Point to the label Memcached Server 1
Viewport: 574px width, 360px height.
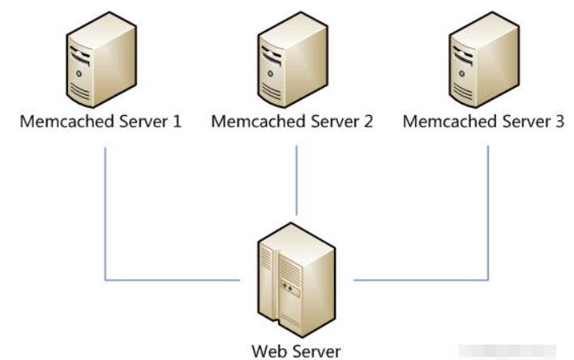pyautogui.click(x=101, y=122)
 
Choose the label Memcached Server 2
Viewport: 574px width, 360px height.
pyautogui.click(x=292, y=122)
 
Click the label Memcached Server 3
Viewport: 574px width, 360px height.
pyautogui.click(x=484, y=122)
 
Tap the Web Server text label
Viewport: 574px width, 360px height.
pyautogui.click(x=296, y=351)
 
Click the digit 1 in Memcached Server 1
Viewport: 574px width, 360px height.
pyautogui.click(x=178, y=122)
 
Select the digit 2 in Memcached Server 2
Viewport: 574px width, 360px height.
pyautogui.click(x=368, y=122)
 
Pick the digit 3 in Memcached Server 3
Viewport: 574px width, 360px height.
pyautogui.click(x=559, y=122)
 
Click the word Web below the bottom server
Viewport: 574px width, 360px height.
pyautogui.click(x=268, y=351)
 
